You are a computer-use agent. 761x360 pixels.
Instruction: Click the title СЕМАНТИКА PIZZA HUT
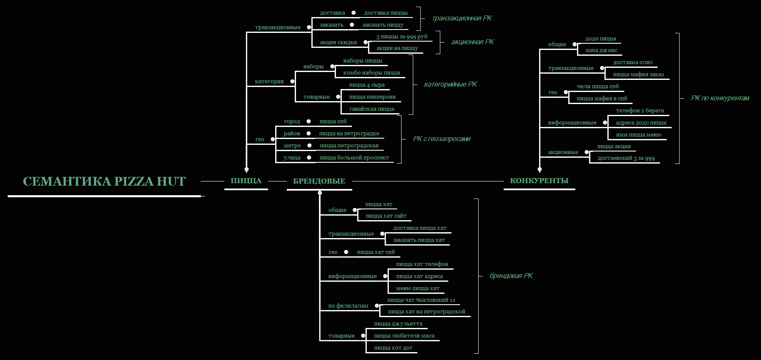[x=104, y=181]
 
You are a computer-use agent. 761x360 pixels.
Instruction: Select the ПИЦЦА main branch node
[x=246, y=181]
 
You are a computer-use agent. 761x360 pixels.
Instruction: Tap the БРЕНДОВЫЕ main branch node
[x=319, y=181]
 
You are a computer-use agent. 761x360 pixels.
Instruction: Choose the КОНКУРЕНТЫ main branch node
[x=539, y=181]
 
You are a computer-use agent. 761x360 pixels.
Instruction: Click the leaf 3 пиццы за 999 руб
[x=402, y=37]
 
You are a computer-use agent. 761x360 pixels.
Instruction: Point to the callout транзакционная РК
[x=462, y=18]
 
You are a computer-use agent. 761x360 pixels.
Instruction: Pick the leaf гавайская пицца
[x=372, y=109]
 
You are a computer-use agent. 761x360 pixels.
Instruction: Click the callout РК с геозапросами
[x=441, y=139]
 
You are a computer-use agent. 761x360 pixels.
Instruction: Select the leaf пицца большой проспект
[x=354, y=158]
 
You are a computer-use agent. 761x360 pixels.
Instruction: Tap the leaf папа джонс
[x=601, y=50]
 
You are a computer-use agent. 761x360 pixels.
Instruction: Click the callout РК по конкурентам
[x=720, y=98]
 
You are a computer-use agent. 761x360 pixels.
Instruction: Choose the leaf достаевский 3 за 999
[x=626, y=158]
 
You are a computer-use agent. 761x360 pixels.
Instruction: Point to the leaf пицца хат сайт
[x=386, y=216]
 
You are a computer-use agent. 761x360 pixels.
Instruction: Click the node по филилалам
[x=348, y=306]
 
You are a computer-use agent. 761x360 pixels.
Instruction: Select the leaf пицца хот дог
[x=393, y=348]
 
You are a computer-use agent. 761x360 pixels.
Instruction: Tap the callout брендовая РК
[x=511, y=276]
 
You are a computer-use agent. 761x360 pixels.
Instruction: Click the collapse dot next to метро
[x=309, y=146]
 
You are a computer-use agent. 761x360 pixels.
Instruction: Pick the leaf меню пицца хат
[x=418, y=288]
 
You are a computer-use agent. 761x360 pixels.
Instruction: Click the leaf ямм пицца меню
[x=639, y=135]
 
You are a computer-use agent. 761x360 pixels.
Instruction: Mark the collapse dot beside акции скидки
[x=366, y=42]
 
